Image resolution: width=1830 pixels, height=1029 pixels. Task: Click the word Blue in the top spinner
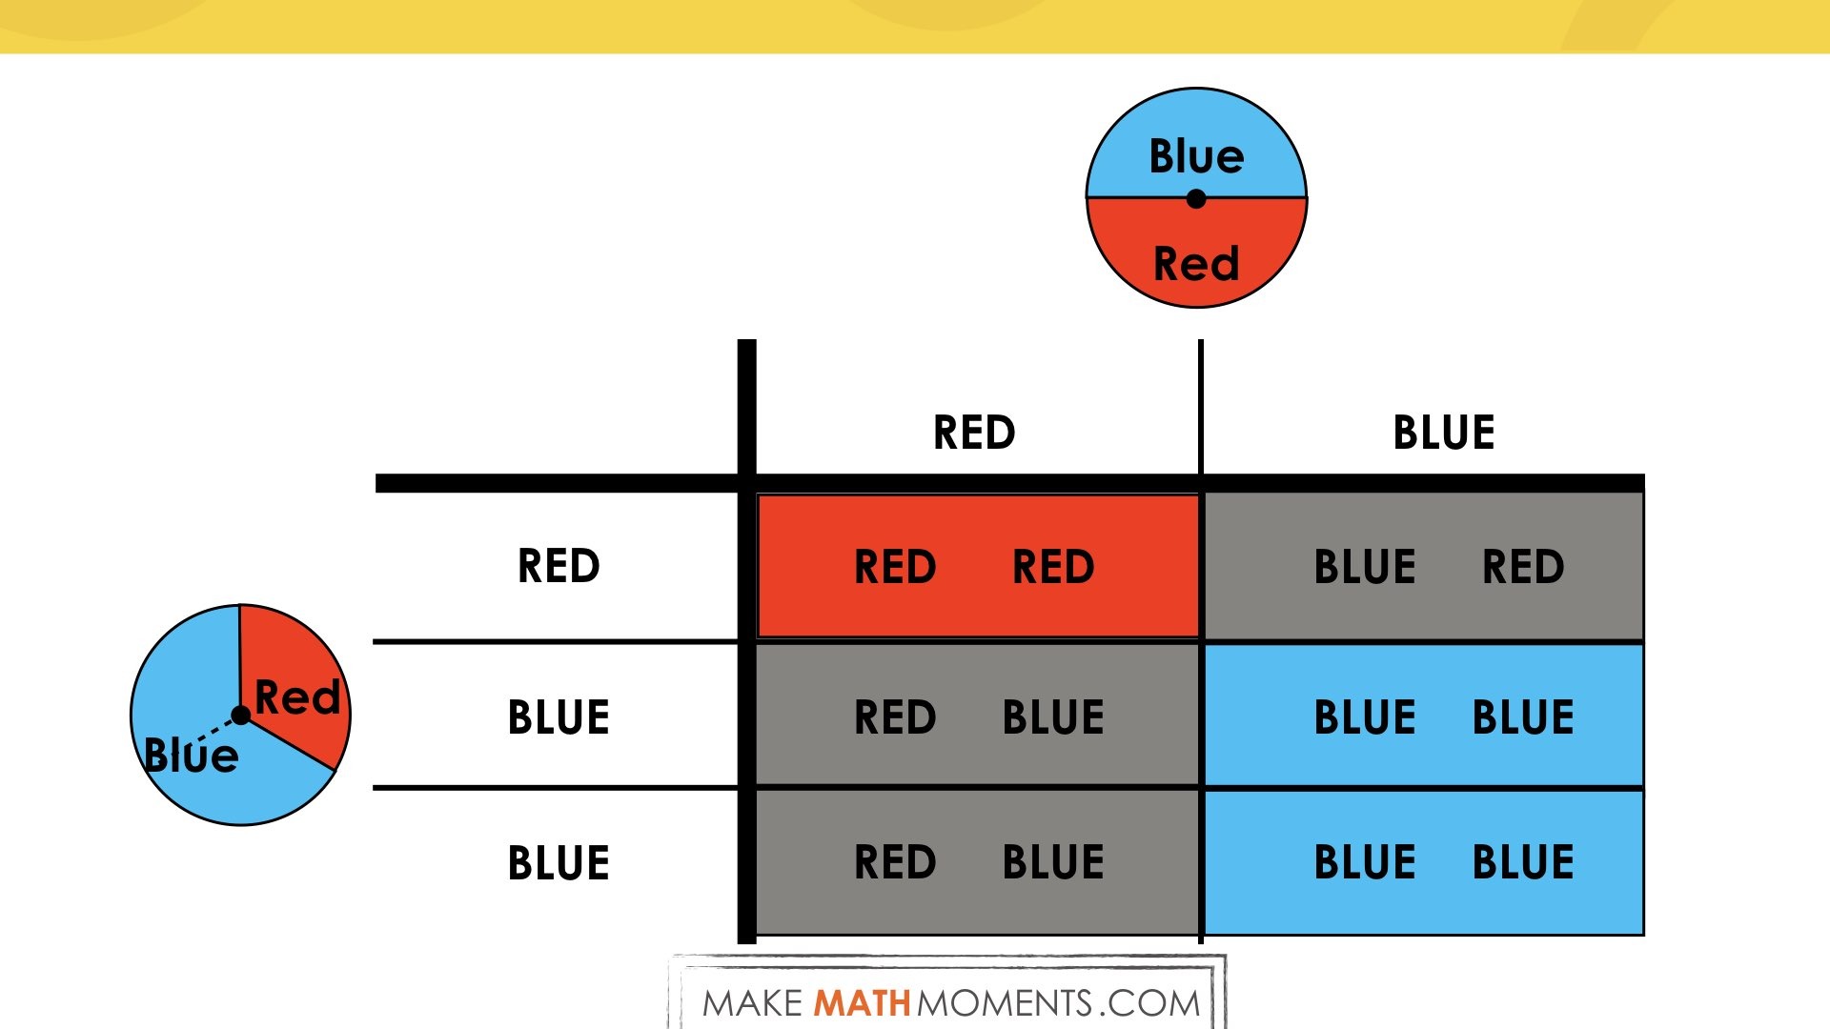(1196, 156)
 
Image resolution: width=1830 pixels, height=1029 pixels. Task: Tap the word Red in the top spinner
(1196, 264)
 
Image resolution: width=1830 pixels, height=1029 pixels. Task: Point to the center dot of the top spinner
(1196, 199)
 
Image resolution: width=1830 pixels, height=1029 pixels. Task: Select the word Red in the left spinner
(297, 697)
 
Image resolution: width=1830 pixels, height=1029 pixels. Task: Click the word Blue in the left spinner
(191, 755)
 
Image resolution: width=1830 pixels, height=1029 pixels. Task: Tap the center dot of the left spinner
(241, 716)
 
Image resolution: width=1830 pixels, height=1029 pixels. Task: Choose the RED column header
(974, 433)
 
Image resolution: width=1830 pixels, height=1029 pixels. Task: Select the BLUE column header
(1444, 433)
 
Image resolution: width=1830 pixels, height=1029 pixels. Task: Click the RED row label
(559, 566)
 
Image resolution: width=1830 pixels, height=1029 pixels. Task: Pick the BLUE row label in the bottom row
(559, 863)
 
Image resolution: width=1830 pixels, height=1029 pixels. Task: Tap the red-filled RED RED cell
(978, 566)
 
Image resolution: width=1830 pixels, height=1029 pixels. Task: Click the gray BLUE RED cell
(1424, 566)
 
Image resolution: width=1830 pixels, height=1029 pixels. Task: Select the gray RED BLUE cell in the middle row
(978, 716)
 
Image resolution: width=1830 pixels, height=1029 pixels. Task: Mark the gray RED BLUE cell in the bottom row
(978, 862)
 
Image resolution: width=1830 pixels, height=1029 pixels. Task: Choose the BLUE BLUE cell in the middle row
(1424, 716)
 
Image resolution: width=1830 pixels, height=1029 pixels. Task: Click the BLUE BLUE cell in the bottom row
(1424, 862)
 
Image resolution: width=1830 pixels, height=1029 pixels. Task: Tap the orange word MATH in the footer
(862, 1003)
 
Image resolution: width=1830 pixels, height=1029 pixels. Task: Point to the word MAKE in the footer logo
(753, 1003)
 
